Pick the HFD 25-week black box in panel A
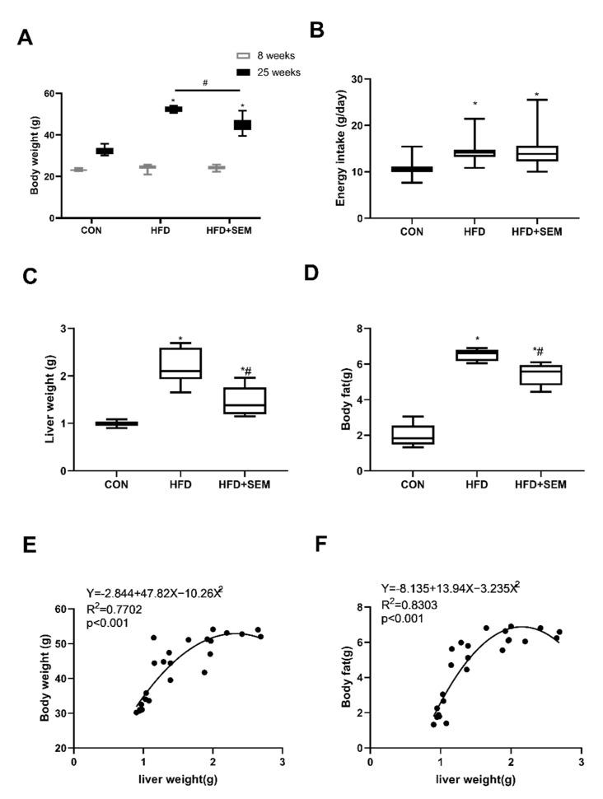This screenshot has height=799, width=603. click(x=174, y=109)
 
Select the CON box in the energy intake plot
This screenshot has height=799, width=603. click(x=411, y=169)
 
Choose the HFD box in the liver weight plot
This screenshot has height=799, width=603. click(x=180, y=363)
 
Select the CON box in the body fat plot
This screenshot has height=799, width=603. click(x=413, y=434)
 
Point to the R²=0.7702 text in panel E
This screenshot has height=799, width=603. click(x=116, y=608)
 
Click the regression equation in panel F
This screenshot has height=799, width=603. click(x=450, y=587)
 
